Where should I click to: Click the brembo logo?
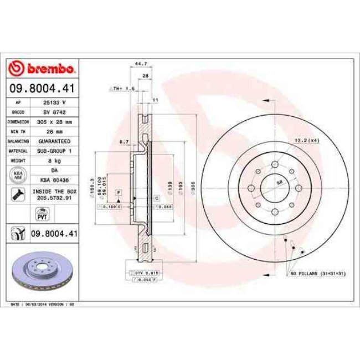(42, 69)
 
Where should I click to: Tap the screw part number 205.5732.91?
(54, 196)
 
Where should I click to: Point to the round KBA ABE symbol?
(18, 175)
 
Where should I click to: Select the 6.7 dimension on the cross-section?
(124, 142)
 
